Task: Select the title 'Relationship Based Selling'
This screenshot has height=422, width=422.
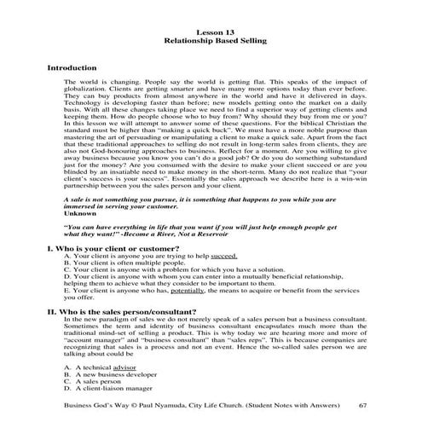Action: pyautogui.click(x=211, y=39)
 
